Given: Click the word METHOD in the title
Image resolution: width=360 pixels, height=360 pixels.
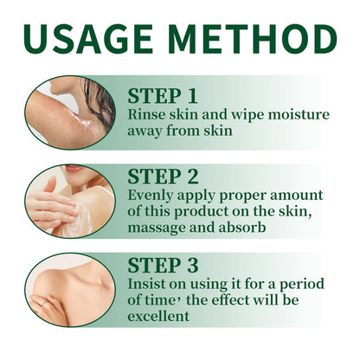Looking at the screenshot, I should click(259, 39).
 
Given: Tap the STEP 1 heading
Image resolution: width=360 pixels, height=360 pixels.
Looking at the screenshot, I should click(168, 95).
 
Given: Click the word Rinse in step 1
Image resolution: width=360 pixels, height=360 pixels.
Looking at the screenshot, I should click(145, 116).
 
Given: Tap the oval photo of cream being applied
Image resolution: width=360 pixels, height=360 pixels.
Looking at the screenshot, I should click(69, 201).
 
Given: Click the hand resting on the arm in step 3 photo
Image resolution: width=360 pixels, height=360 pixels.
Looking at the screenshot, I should click(48, 303).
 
